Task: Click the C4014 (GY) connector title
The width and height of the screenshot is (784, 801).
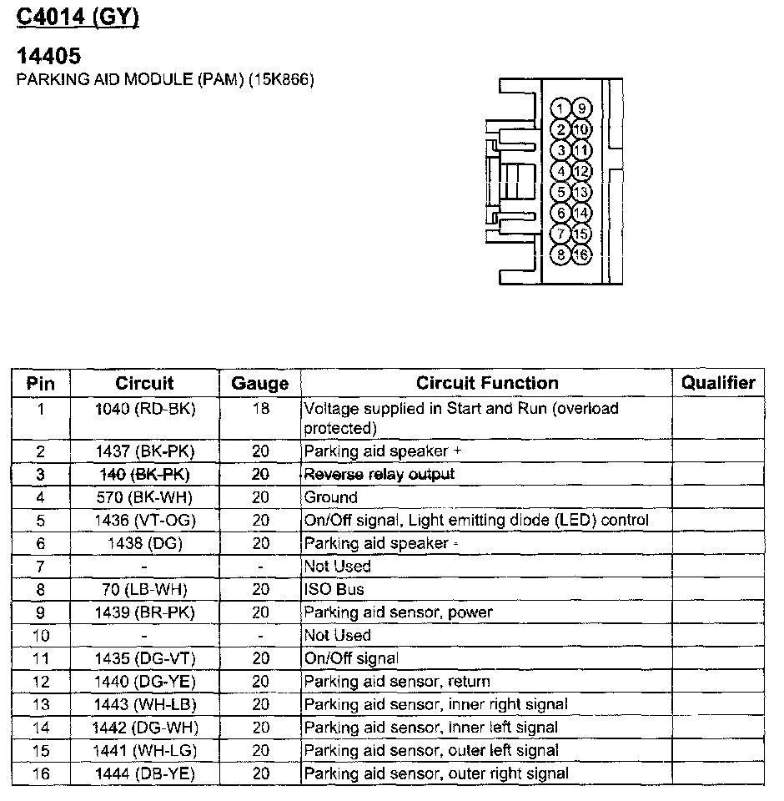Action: pos(78,17)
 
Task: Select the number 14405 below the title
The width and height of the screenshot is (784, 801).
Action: pos(49,57)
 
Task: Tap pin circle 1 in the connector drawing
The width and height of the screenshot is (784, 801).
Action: pos(562,108)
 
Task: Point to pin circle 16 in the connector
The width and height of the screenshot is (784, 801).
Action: pos(581,254)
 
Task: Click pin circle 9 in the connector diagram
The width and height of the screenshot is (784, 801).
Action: pos(581,108)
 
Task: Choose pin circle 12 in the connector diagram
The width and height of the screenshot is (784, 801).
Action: pos(581,171)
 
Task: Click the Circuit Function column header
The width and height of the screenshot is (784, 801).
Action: pos(487,383)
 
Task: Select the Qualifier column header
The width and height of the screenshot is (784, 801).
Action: pos(718,383)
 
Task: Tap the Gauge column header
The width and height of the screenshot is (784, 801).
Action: pos(260,384)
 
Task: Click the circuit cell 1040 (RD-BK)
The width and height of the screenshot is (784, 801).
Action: pos(144,409)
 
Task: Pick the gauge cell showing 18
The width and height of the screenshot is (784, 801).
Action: pos(260,409)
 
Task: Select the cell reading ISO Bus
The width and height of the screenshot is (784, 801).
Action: pos(334,589)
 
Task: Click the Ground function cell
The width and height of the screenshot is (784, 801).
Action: pos(330,497)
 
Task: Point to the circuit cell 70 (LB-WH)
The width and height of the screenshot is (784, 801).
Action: pos(144,589)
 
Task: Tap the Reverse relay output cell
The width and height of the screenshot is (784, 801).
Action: pos(379,474)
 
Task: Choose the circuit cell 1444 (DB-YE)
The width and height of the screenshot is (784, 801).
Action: pos(144,773)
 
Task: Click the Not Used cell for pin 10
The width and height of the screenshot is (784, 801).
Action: pos(337,635)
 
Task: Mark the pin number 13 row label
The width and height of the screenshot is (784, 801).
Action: pos(40,704)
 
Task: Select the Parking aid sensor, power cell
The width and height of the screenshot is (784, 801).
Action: pos(398,612)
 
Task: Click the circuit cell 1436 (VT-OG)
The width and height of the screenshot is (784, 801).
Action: pos(144,520)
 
